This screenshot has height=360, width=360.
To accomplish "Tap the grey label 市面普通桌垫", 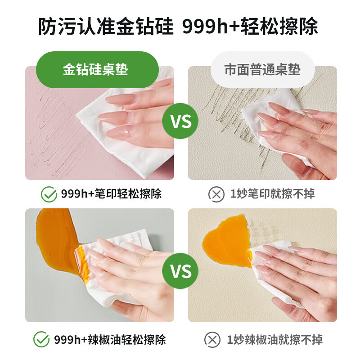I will click(262, 70).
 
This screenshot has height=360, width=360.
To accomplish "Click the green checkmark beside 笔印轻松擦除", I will click(49, 194).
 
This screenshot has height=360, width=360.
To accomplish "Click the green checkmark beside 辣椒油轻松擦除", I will click(42, 339).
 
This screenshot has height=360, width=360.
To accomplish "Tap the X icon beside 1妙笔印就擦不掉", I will click(216, 194).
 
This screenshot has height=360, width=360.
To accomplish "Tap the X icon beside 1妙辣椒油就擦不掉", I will click(212, 339).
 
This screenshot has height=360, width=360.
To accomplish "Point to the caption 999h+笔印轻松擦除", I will click(111, 194).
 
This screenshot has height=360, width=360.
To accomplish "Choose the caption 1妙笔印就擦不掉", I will click(272, 194).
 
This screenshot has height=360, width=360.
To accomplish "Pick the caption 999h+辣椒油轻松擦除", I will click(110, 339).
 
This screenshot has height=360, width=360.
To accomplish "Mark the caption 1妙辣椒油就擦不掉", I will click(275, 339).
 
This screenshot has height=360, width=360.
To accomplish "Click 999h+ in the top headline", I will click(206, 27).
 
